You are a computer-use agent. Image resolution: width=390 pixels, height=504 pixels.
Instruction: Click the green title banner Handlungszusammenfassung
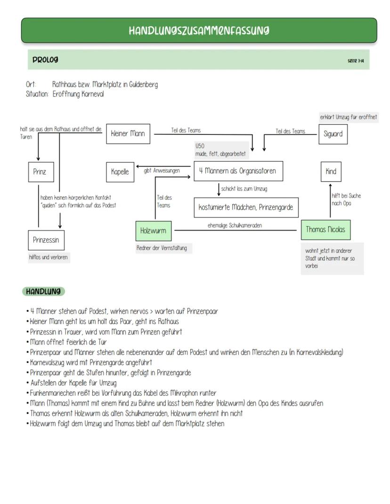pyautogui.click(x=199, y=31)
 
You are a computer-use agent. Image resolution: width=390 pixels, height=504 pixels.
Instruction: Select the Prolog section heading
pyautogui.click(x=46, y=60)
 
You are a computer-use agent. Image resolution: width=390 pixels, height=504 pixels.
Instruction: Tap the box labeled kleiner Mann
pyautogui.click(x=128, y=134)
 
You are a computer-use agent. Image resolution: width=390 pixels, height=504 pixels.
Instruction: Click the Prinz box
pyautogui.click(x=41, y=172)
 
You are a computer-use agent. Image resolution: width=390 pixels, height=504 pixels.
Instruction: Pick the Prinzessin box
pyautogui.click(x=46, y=240)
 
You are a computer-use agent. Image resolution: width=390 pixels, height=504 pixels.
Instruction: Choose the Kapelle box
pyautogui.click(x=120, y=172)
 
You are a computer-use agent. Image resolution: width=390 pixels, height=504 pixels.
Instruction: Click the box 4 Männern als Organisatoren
pyautogui.click(x=238, y=171)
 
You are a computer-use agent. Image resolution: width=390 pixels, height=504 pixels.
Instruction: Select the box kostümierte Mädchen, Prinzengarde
pyautogui.click(x=246, y=207)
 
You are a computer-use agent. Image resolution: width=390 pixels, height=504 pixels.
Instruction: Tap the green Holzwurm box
pyautogui.click(x=153, y=231)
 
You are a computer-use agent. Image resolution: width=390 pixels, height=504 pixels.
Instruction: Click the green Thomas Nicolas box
pyautogui.click(x=325, y=230)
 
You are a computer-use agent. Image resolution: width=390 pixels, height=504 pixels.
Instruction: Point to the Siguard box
pyautogui.click(x=333, y=134)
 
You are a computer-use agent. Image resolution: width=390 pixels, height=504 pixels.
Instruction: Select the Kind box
pyautogui.click(x=331, y=172)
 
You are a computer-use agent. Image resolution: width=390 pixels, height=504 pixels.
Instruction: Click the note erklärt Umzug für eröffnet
pyautogui.click(x=349, y=117)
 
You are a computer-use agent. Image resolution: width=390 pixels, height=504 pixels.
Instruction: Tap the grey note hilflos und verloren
pyautogui.click(x=48, y=257)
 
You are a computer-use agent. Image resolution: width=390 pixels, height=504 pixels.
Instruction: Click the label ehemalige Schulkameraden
pyautogui.click(x=235, y=225)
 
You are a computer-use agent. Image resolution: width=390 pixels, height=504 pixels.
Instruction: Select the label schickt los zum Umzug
pyautogui.click(x=244, y=189)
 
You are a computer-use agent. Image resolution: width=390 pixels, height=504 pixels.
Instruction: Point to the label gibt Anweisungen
pyautogui.click(x=162, y=171)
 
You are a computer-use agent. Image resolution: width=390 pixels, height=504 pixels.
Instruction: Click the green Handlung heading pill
pyautogui.click(x=43, y=292)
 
